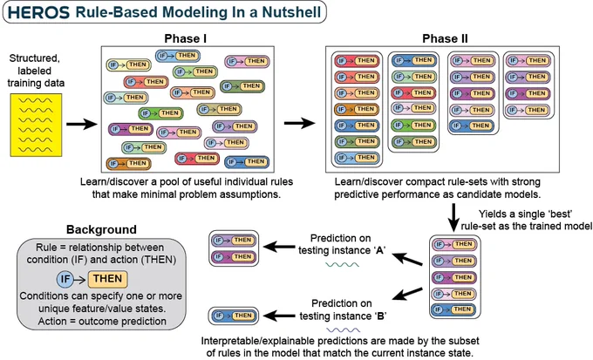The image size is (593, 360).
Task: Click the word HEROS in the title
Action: (x=38, y=12)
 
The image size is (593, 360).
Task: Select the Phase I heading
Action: (x=185, y=39)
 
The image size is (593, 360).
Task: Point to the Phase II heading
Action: (x=445, y=39)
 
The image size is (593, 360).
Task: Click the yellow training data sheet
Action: (x=36, y=125)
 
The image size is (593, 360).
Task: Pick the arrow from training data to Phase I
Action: (x=82, y=124)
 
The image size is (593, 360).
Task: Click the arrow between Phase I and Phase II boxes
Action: (x=299, y=123)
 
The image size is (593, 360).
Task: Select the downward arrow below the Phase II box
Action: (x=453, y=217)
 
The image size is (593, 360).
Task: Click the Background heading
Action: (x=101, y=229)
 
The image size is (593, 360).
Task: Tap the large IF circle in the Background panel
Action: (x=65, y=280)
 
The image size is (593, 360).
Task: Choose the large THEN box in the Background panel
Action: (x=108, y=279)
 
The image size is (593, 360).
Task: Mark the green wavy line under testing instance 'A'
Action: (x=342, y=265)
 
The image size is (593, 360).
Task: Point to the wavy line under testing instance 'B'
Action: (x=344, y=330)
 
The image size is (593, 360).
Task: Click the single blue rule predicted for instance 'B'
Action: (x=234, y=316)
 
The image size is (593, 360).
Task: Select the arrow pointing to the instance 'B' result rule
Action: (x=279, y=316)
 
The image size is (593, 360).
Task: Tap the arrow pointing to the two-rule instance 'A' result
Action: (x=279, y=248)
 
